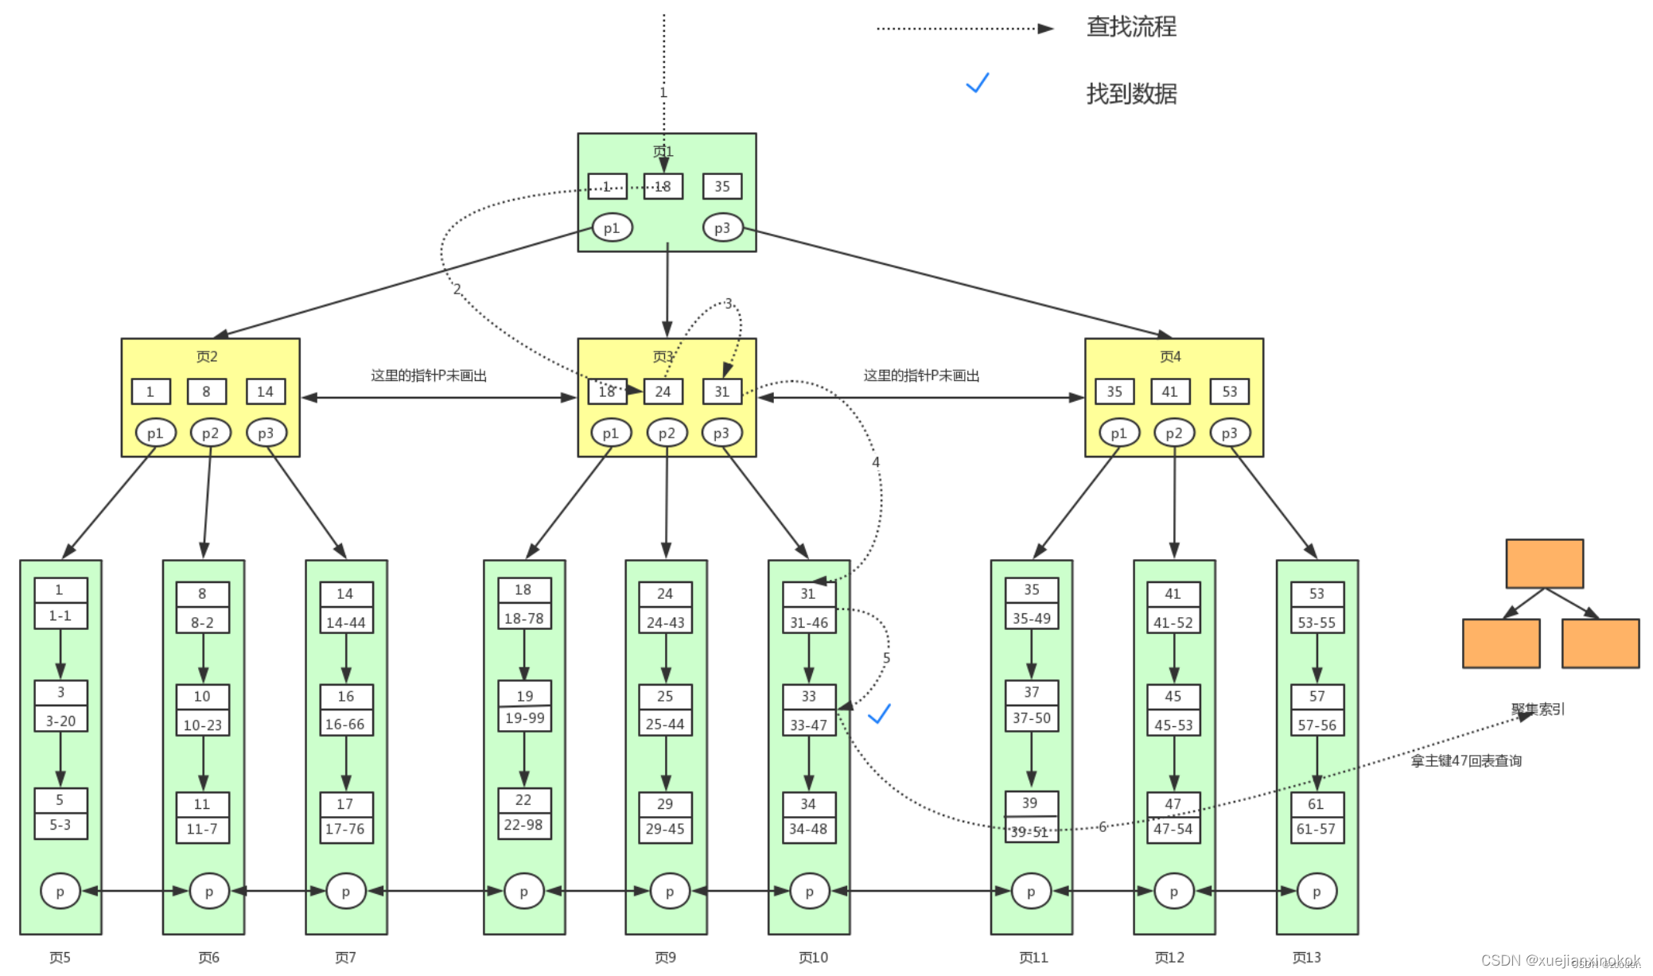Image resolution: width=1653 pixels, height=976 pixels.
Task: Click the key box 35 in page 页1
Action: (x=721, y=186)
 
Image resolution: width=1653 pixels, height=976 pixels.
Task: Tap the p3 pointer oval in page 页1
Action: (x=721, y=228)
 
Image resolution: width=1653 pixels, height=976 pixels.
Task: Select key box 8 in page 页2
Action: (x=206, y=391)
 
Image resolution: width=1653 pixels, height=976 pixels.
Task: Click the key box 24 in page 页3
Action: (x=663, y=391)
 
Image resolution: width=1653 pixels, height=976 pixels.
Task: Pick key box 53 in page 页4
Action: (x=1229, y=391)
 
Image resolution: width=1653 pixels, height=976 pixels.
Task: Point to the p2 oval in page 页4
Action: (x=1173, y=434)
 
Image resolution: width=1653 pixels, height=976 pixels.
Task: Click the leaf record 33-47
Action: (x=808, y=725)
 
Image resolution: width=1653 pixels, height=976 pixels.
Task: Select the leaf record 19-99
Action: (x=524, y=718)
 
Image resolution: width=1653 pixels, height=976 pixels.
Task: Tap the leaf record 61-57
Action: (x=1317, y=829)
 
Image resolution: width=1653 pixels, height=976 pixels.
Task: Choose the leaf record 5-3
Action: (x=60, y=825)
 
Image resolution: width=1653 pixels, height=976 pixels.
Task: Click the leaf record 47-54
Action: (x=1173, y=829)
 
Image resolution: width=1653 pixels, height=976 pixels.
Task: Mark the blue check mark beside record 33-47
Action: (x=879, y=714)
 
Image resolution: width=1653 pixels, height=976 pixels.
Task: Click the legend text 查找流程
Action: (x=1131, y=27)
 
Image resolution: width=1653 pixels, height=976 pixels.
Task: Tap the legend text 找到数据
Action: (x=1131, y=94)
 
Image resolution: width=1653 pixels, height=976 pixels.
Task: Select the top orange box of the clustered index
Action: (x=1544, y=564)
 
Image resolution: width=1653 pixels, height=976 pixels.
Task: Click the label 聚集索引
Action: (x=1538, y=709)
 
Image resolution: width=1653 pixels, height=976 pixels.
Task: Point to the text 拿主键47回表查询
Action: (x=1466, y=761)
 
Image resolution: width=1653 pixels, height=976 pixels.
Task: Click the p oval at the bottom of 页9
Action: (x=669, y=892)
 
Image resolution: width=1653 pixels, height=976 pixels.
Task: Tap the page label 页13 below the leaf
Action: (x=1306, y=958)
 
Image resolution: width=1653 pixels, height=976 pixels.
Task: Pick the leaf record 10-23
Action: (x=203, y=725)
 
